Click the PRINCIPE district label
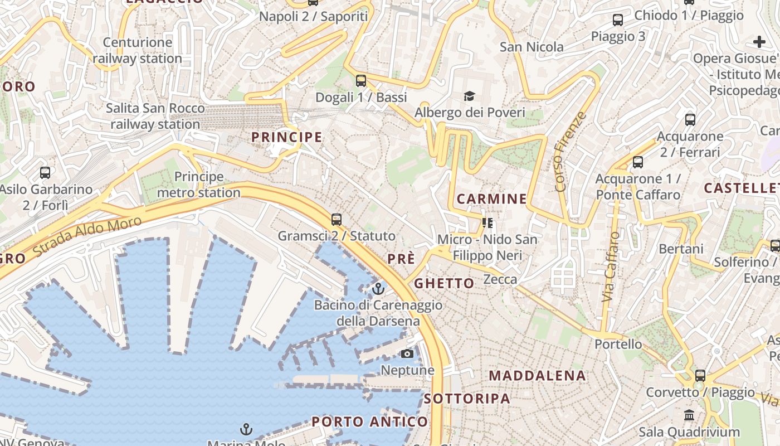coord(286,137)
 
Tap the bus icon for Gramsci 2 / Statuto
coord(337,219)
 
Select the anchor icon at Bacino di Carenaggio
coord(378,289)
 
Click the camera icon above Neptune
coord(407,354)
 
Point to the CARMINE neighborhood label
coord(491,199)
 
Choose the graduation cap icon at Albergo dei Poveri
coord(470,96)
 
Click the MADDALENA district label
coord(537,376)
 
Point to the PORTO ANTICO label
coord(369,422)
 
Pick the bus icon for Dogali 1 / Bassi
coord(361,81)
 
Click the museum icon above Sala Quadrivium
coord(689,415)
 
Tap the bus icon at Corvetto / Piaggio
coord(700,376)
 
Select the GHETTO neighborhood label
coord(444,283)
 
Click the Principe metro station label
coord(199,185)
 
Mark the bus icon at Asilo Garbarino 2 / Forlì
coord(45,173)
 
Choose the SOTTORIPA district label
coord(467,399)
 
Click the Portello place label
coord(618,344)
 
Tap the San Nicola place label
coord(532,47)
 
